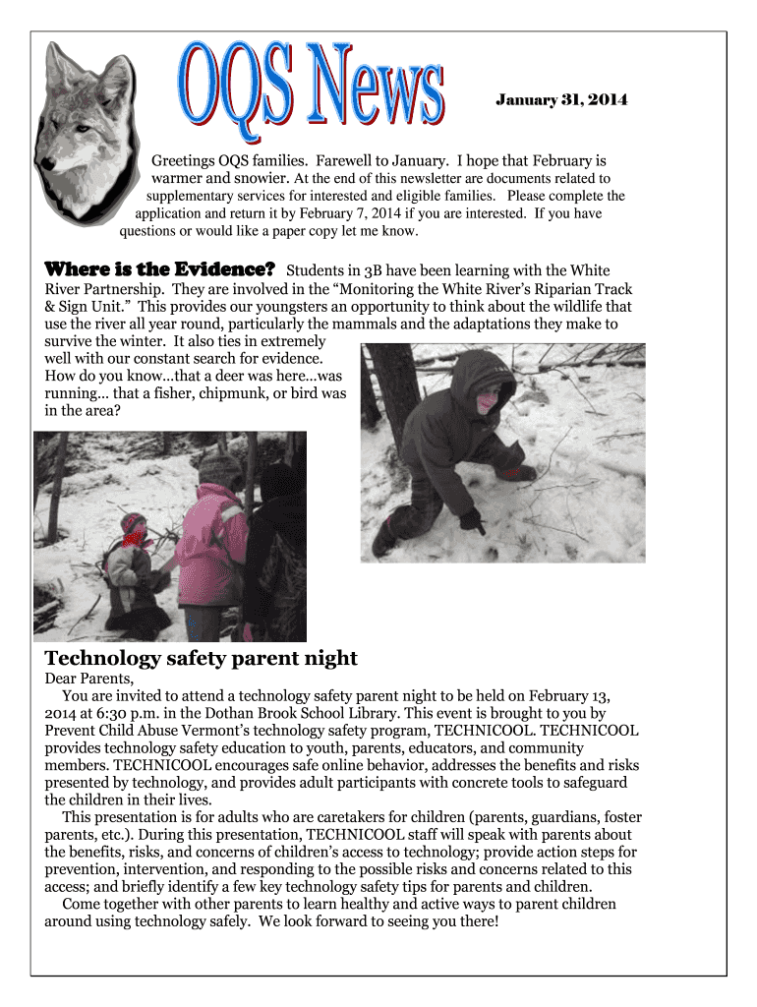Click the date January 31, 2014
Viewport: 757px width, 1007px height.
(560, 100)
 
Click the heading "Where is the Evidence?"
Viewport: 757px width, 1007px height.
(159, 269)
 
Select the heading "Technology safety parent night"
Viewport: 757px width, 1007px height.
(202, 658)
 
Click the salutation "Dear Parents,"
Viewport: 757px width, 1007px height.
(88, 679)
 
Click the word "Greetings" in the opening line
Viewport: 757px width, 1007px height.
(183, 160)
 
